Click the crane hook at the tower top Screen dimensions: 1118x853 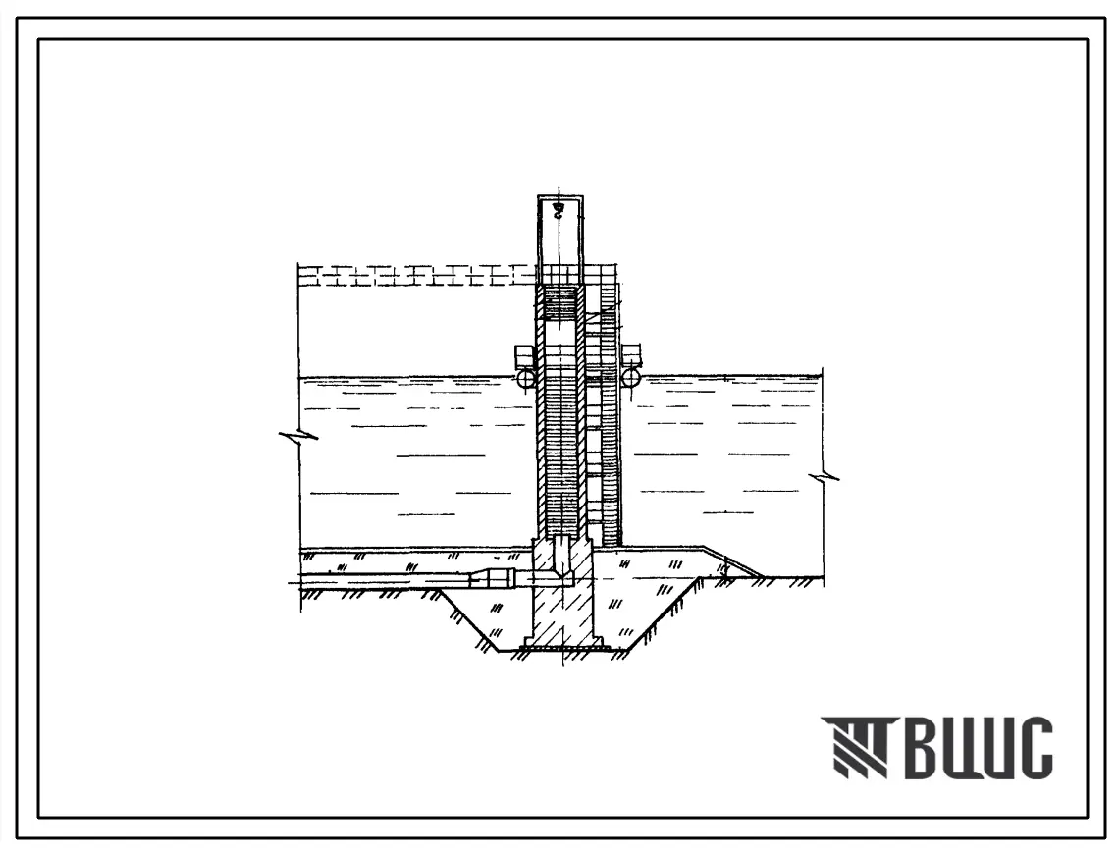tap(559, 207)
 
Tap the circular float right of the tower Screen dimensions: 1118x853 tap(631, 377)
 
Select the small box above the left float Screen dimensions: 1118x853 tap(524, 353)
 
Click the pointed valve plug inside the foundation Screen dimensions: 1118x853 tap(562, 557)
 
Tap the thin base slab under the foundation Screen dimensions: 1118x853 tap(564, 648)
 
